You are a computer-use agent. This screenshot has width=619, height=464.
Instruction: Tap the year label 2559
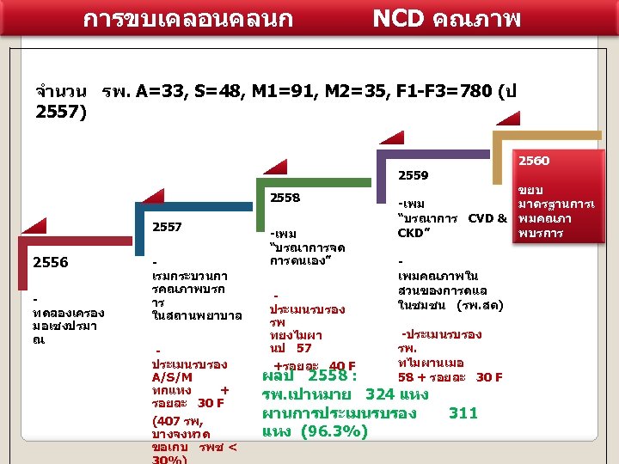pyautogui.click(x=413, y=175)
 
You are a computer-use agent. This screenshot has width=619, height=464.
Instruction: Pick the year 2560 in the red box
pyautogui.click(x=534, y=161)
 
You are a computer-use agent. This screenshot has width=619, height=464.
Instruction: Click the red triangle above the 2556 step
pyautogui.click(x=34, y=226)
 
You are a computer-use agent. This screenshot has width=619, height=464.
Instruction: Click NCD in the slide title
pyautogui.click(x=401, y=16)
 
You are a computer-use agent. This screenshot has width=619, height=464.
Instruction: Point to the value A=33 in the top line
pyautogui.click(x=163, y=91)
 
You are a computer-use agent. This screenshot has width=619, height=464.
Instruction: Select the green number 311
pyautogui.click(x=463, y=413)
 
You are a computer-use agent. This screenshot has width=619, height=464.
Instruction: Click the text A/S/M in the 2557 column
pyautogui.click(x=172, y=377)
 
